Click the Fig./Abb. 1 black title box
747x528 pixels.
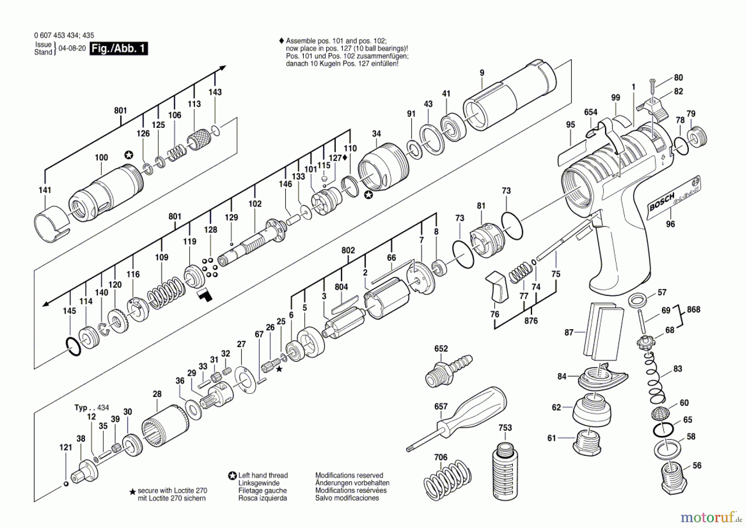point(119,49)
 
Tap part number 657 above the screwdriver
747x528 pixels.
point(441,407)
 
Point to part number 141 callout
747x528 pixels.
point(45,190)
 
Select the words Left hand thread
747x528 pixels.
point(263,476)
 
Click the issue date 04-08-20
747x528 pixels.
point(72,48)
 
